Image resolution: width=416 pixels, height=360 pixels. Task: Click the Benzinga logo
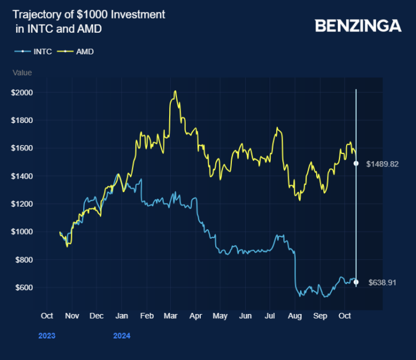[357, 25]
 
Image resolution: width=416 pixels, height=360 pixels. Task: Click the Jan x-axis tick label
[121, 316]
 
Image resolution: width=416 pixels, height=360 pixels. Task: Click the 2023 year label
[47, 336]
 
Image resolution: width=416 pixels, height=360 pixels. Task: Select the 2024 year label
[121, 336]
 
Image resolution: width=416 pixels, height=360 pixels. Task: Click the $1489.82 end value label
[383, 164]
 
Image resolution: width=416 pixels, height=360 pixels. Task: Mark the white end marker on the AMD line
[356, 163]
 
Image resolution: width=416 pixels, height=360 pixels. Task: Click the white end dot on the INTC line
[356, 282]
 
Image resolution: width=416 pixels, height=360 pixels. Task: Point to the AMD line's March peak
[175, 91]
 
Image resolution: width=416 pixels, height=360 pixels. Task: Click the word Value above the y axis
[22, 73]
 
